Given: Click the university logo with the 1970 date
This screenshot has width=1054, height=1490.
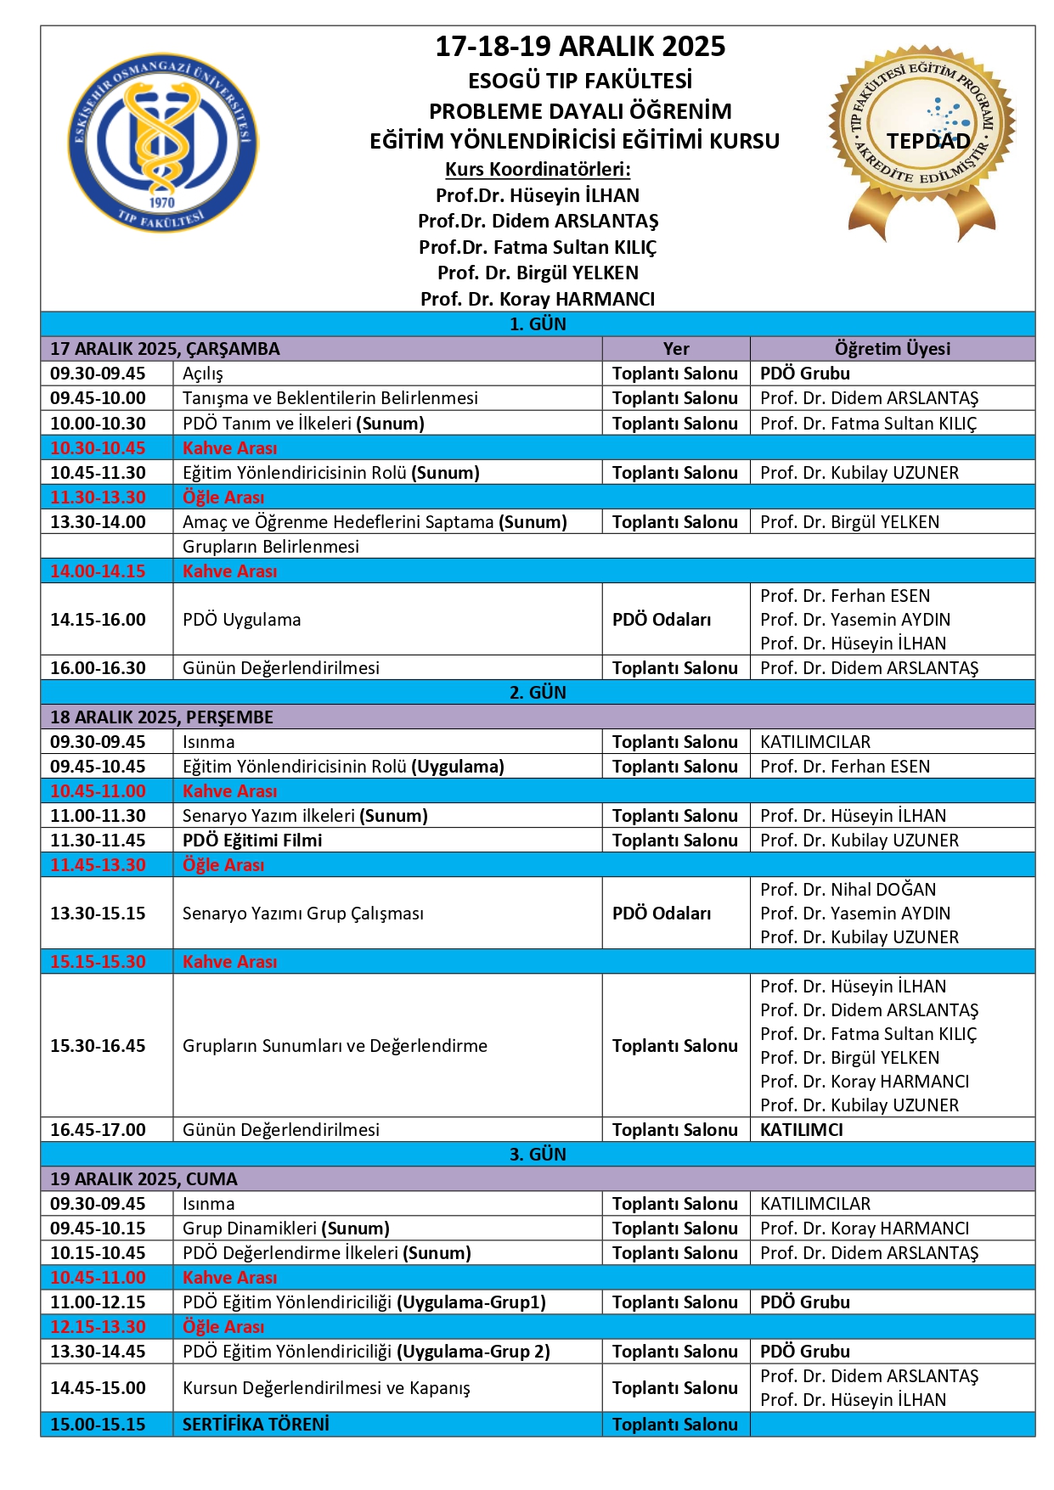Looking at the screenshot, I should [x=162, y=142].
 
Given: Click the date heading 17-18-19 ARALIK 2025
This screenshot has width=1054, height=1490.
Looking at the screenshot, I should [x=580, y=46].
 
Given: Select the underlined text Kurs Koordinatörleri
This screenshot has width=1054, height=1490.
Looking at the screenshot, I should [x=538, y=169].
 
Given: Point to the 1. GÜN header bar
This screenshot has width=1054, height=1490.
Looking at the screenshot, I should [x=538, y=323].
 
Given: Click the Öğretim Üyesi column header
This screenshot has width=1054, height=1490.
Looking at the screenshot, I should [x=892, y=348].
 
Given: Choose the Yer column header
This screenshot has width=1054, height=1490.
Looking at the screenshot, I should [x=676, y=348].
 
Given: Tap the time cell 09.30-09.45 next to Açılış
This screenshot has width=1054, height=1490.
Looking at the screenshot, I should [x=98, y=373].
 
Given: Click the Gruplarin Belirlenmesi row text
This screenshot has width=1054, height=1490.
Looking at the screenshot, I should [x=271, y=546].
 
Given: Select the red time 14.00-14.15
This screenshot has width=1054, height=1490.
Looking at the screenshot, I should [x=98, y=571].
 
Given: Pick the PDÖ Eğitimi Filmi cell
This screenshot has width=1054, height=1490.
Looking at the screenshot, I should [x=252, y=840].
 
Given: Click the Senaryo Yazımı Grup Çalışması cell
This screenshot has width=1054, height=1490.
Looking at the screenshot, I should [x=303, y=913].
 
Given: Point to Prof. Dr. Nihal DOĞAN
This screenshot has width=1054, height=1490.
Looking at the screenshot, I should [x=848, y=889].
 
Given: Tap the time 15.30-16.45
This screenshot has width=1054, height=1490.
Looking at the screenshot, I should [x=98, y=1045].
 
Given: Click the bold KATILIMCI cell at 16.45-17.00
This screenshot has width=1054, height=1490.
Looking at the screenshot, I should [x=802, y=1129].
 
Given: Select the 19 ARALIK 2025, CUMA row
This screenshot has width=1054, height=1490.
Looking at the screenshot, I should [x=144, y=1178].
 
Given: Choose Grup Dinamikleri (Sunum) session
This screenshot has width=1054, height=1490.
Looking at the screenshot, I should [x=286, y=1228].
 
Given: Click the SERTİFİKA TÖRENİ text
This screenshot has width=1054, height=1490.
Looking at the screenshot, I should [x=256, y=1424].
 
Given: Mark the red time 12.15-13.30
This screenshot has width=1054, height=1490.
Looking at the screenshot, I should [x=98, y=1326].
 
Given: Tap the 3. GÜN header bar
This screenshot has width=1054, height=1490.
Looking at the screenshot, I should [x=538, y=1154].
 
